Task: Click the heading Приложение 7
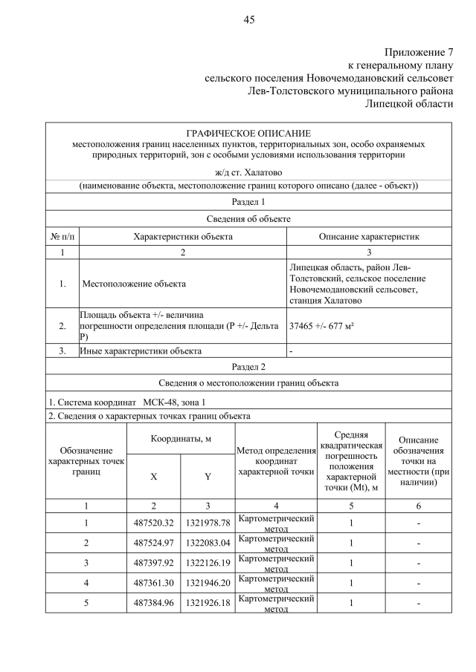(x=418, y=53)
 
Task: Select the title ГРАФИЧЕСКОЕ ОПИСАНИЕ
(x=248, y=132)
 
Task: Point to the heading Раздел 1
(x=248, y=201)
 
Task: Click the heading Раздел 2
(x=248, y=366)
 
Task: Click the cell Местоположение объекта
(x=134, y=284)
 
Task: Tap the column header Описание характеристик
(x=369, y=236)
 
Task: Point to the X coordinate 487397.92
(x=153, y=563)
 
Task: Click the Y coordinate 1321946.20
(x=208, y=583)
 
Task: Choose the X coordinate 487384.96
(x=153, y=603)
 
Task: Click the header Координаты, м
(x=181, y=439)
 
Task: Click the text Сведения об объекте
(x=248, y=219)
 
